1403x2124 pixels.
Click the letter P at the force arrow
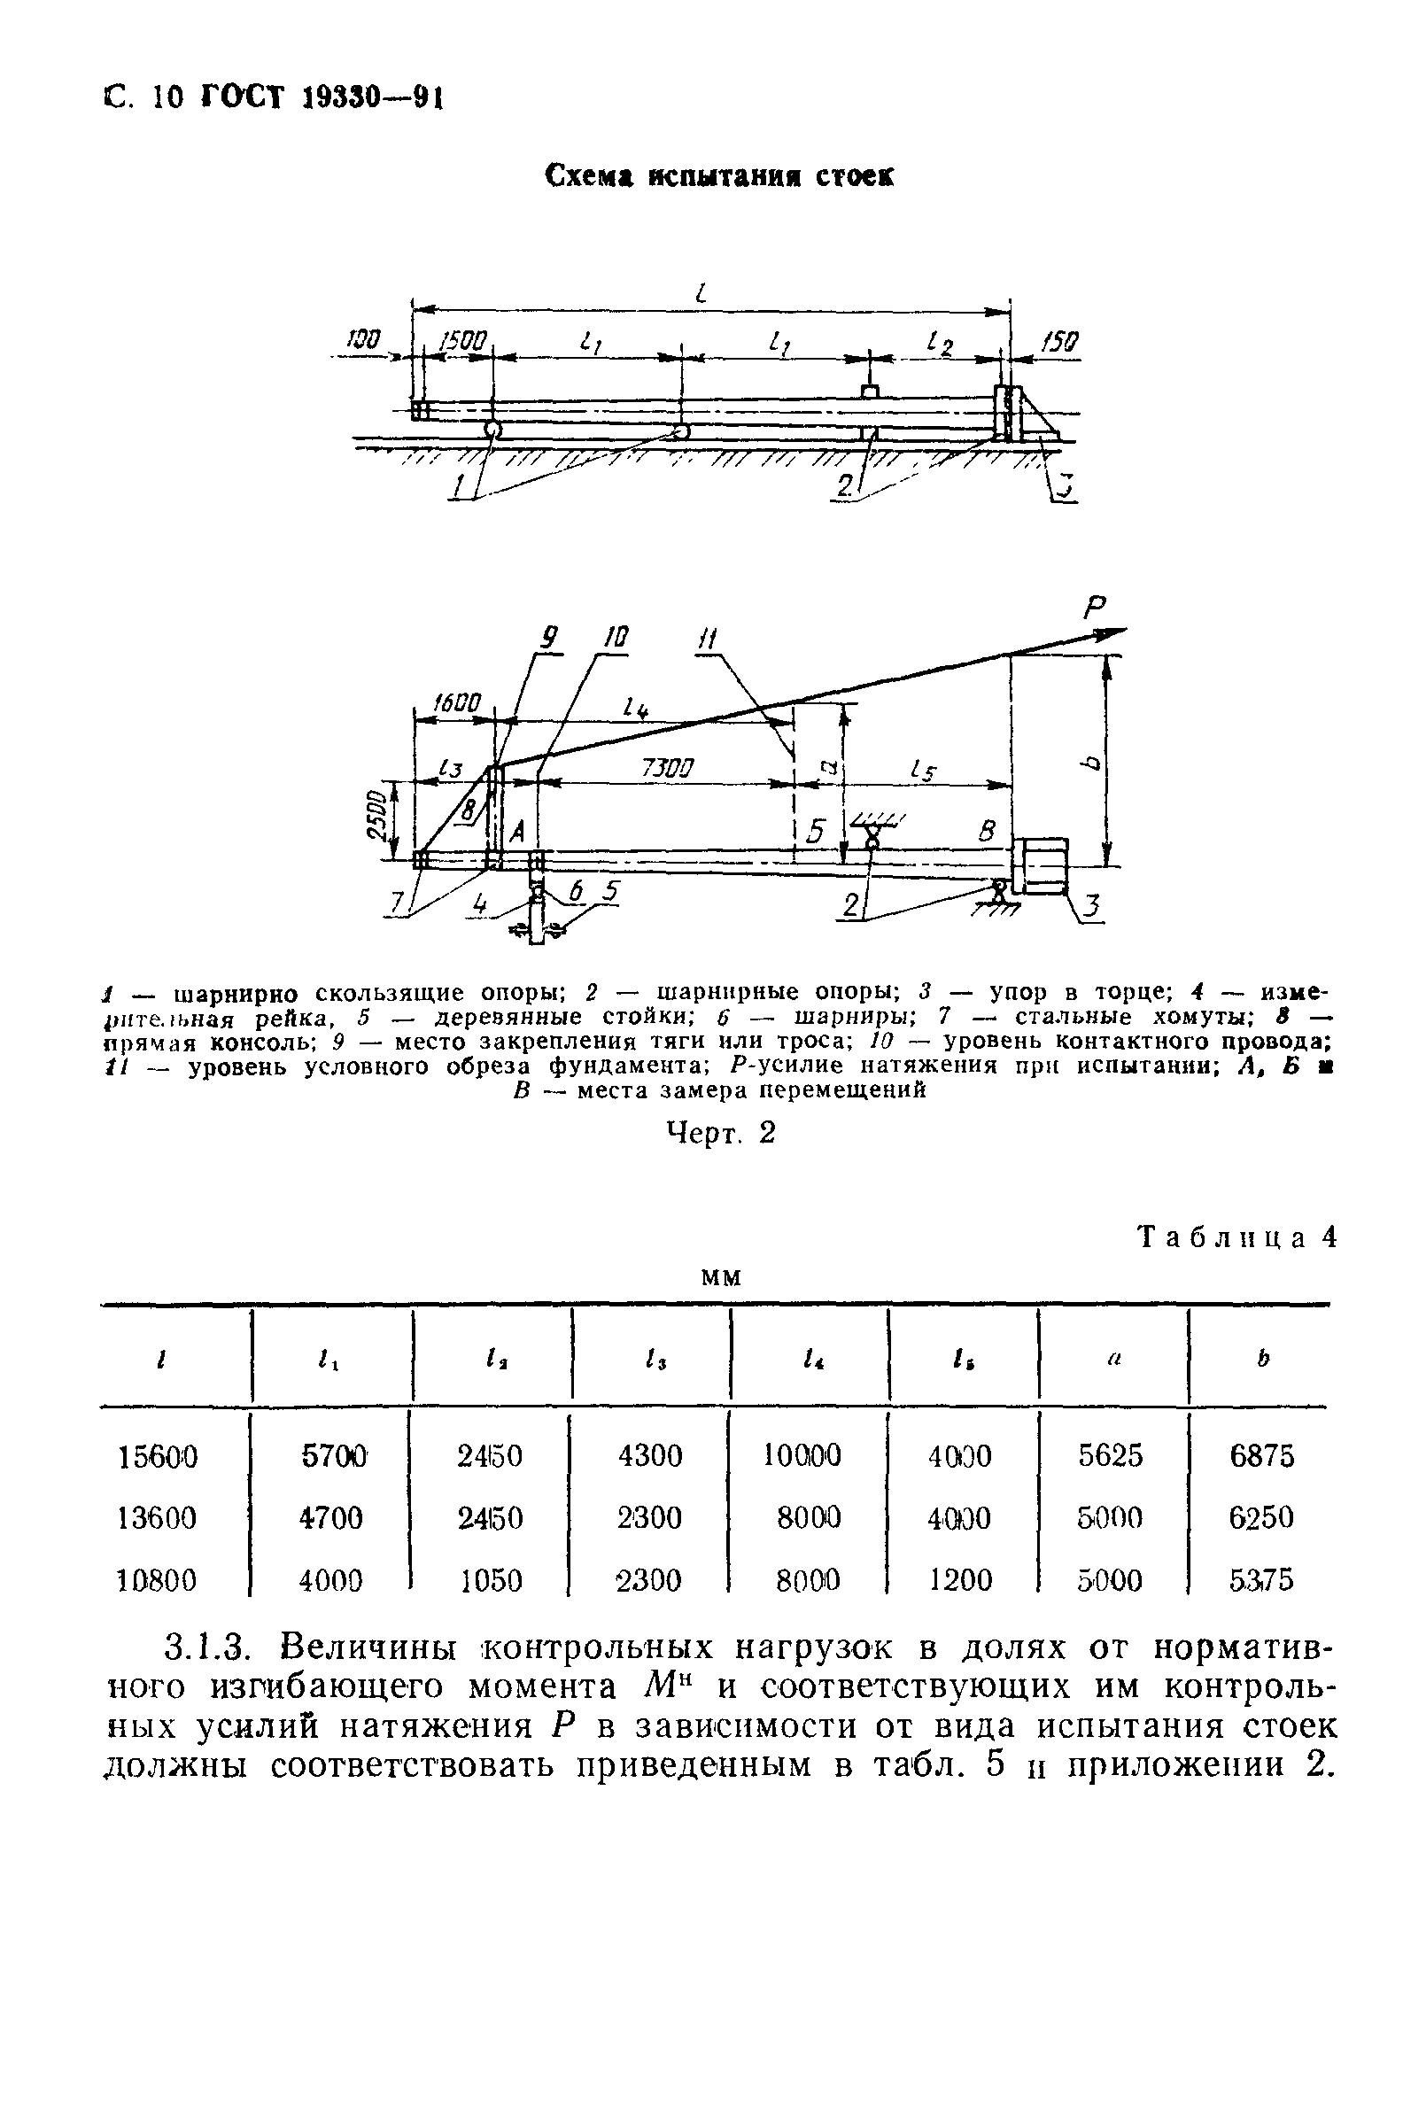tap(1094, 610)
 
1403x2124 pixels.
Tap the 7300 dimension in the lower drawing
tap(667, 769)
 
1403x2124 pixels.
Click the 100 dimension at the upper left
tap(363, 339)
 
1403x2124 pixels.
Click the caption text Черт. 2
tap(721, 1134)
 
